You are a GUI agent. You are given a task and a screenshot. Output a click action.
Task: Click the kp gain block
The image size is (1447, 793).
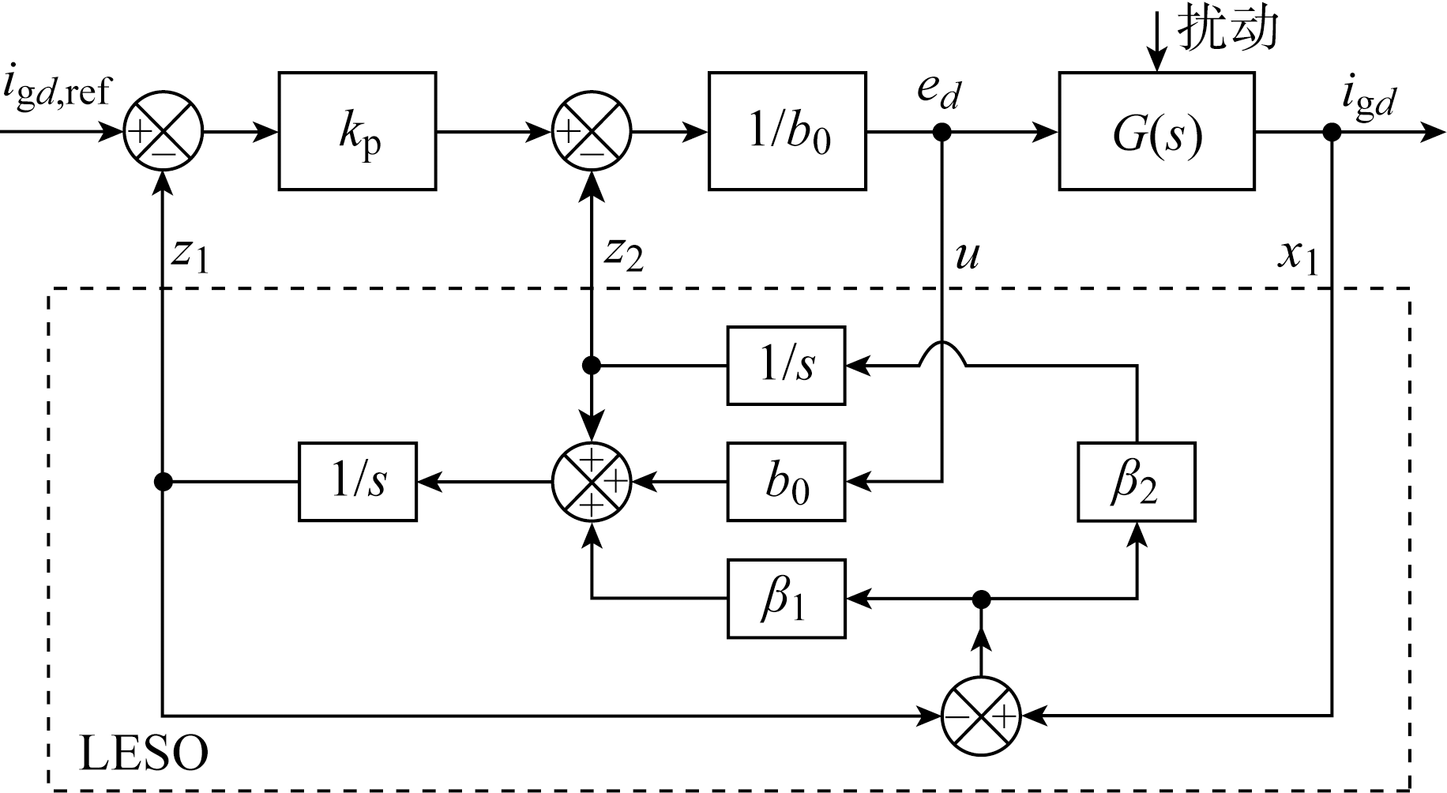click(x=357, y=131)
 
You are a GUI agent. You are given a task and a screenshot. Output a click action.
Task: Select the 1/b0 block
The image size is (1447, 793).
click(x=787, y=131)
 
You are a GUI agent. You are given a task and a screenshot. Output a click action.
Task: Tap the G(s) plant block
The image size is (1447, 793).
click(x=1156, y=131)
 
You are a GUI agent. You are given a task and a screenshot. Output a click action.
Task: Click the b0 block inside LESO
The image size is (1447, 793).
click(x=786, y=481)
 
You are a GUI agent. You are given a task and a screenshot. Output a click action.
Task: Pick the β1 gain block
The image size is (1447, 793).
click(x=786, y=598)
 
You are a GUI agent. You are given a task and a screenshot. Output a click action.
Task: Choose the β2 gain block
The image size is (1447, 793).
click(x=1136, y=481)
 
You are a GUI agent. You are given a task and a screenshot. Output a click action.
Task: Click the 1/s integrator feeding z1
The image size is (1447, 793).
click(x=357, y=481)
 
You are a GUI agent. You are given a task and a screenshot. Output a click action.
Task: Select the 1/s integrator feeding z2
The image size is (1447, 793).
click(x=786, y=365)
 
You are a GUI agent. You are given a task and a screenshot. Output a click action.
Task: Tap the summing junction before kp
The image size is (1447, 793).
click(x=163, y=132)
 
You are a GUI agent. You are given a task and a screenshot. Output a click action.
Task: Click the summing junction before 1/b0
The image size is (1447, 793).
click(x=592, y=132)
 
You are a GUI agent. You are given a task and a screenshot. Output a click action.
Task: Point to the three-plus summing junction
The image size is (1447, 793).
click(x=592, y=481)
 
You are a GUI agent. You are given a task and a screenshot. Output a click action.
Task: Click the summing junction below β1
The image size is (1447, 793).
click(x=981, y=716)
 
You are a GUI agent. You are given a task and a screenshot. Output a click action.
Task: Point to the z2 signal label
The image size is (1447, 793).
click(x=623, y=254)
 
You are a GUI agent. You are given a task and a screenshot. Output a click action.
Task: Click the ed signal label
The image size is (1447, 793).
click(x=938, y=91)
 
